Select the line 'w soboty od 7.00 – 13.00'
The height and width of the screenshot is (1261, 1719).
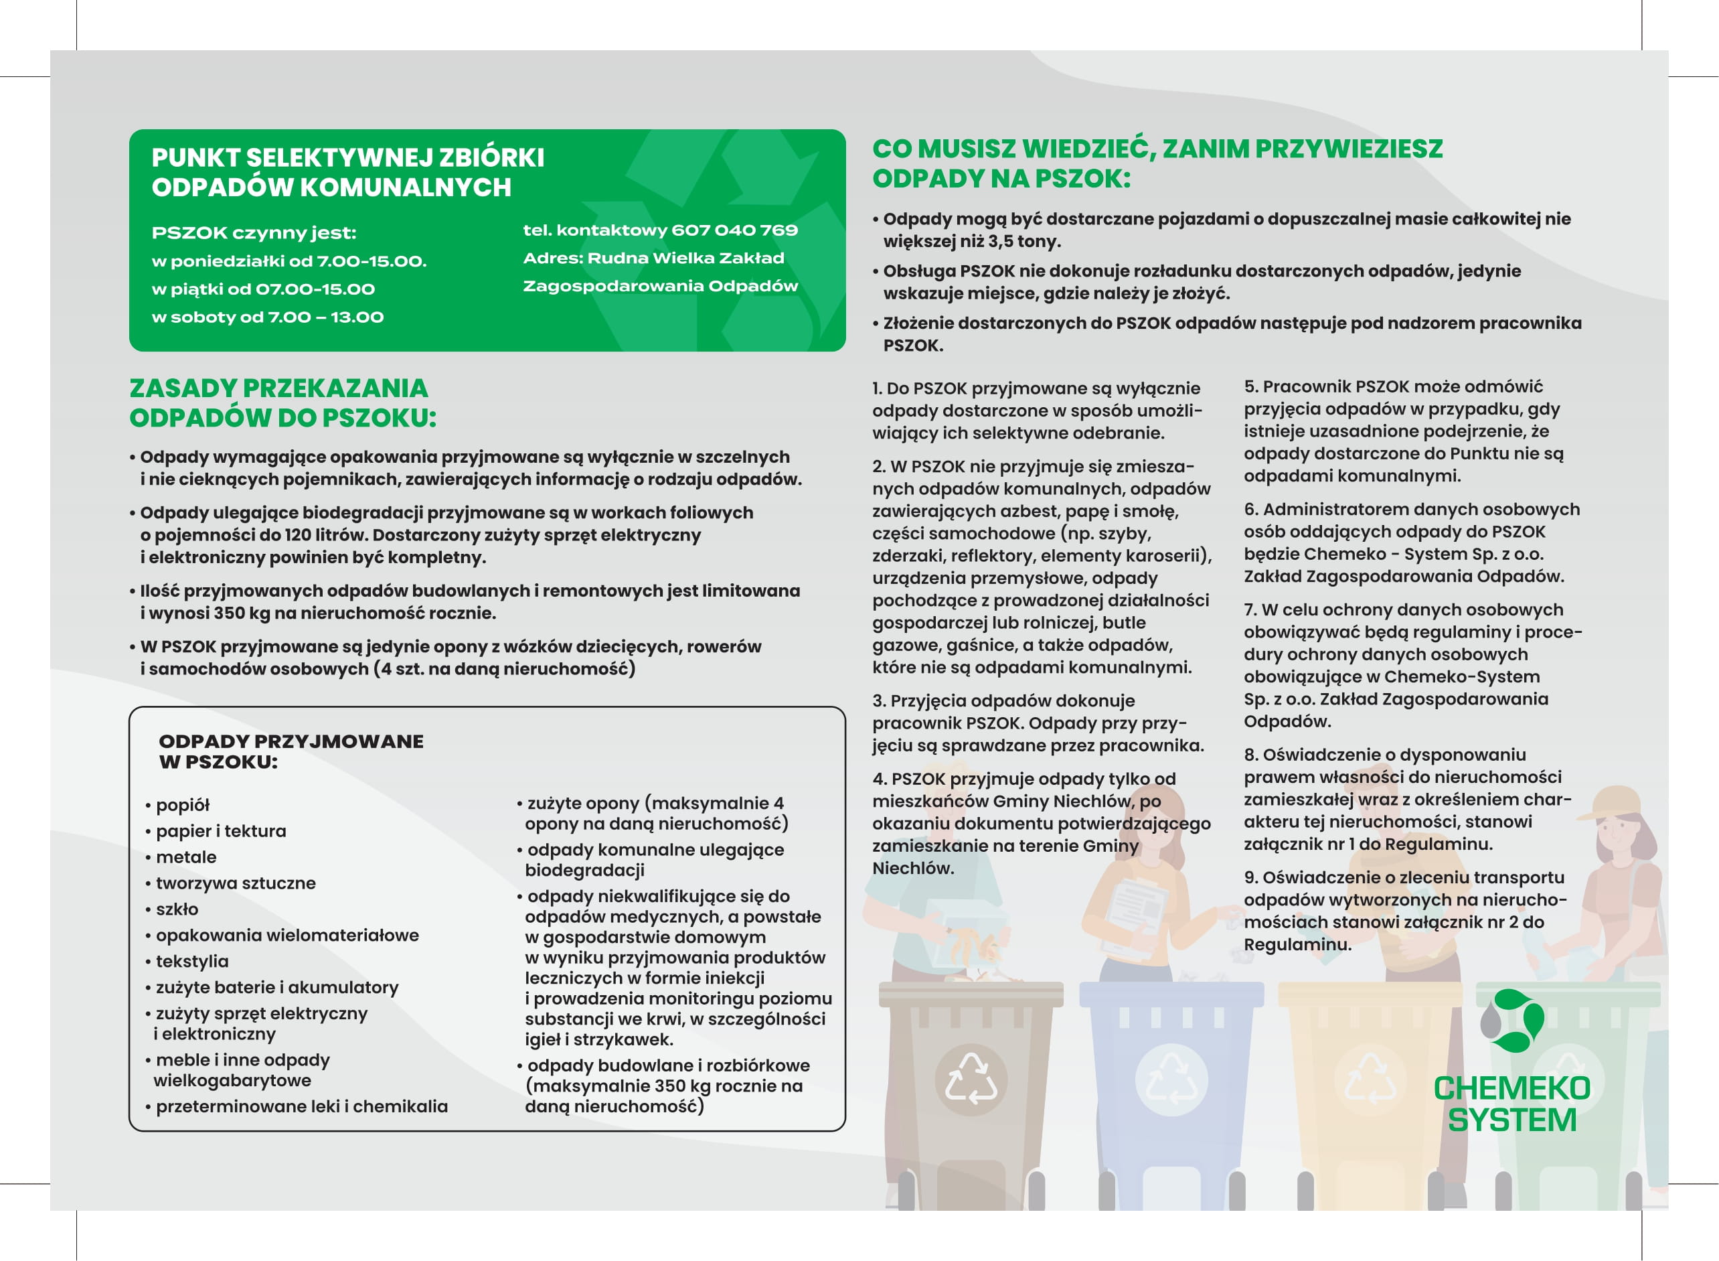(x=268, y=317)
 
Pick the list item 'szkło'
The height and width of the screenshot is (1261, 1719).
(x=177, y=910)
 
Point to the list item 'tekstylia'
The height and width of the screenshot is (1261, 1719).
(x=192, y=962)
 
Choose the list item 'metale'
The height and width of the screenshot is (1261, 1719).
(x=186, y=858)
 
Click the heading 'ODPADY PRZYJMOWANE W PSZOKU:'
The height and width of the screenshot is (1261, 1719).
(x=290, y=752)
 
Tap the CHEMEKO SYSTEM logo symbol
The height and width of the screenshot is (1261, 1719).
(x=1512, y=1021)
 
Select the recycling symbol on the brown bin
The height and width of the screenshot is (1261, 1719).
(x=971, y=1080)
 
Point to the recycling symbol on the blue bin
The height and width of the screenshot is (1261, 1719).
(x=1171, y=1080)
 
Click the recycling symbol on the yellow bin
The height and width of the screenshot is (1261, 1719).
(x=1370, y=1080)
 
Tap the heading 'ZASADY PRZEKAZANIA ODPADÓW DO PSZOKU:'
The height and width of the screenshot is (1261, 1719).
(x=282, y=403)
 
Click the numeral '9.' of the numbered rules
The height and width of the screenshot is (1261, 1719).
(x=1251, y=879)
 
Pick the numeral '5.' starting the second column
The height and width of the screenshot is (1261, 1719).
(x=1251, y=387)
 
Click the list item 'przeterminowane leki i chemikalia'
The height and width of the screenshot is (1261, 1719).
(x=301, y=1107)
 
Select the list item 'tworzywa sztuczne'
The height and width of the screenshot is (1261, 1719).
(x=236, y=884)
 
